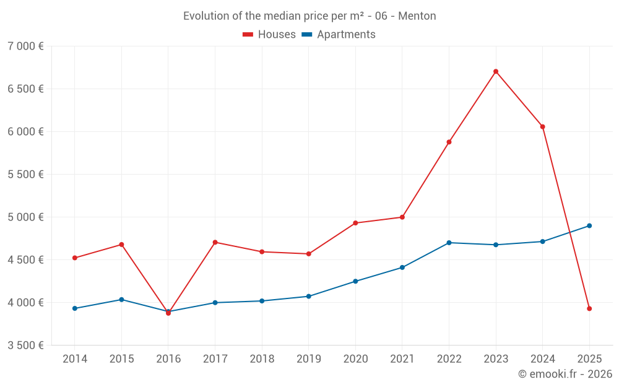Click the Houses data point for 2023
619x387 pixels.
(496, 71)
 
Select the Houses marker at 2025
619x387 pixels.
(589, 308)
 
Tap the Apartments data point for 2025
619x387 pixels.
(589, 225)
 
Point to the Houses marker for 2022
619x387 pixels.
(449, 142)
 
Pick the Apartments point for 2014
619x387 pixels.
(75, 308)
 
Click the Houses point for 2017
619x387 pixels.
(215, 242)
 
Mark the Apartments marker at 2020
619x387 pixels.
(355, 281)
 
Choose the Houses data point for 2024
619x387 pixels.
(542, 127)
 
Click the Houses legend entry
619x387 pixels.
(269, 35)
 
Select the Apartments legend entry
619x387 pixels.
(339, 35)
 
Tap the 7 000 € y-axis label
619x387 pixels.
(25, 46)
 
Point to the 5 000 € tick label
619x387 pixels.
(25, 217)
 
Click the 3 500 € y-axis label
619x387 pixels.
(25, 346)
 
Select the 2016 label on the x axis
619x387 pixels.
(168, 359)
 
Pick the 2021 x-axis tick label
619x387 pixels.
(402, 359)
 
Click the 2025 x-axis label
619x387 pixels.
(589, 359)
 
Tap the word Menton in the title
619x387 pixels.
(417, 16)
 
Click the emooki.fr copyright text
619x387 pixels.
(565, 374)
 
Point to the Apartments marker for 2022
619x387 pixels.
(449, 243)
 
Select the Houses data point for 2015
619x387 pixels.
(121, 245)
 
